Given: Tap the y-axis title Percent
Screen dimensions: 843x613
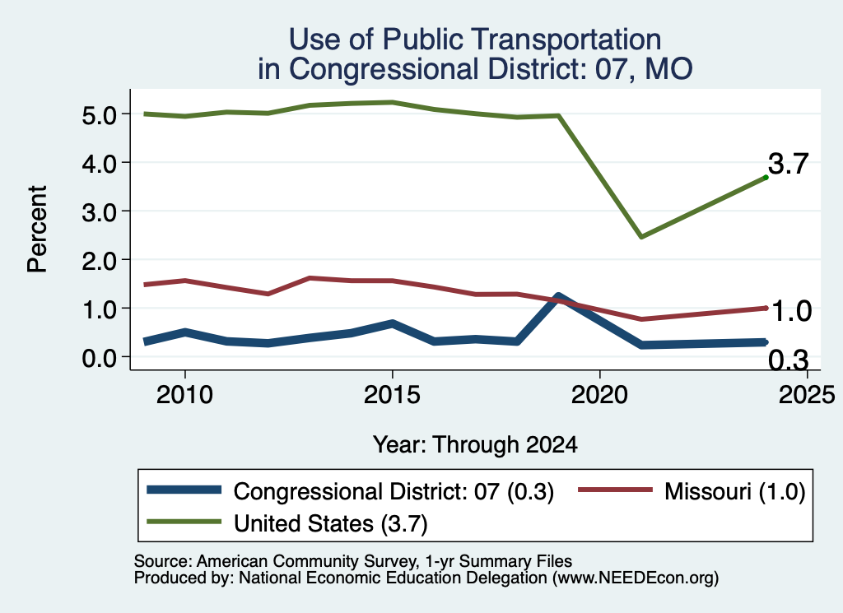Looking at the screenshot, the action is click(x=37, y=229).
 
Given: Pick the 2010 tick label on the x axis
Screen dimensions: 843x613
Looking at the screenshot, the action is click(x=184, y=395).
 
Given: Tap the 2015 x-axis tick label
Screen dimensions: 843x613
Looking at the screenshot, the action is click(x=392, y=395).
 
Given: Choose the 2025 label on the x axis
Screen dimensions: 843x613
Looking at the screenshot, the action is click(x=807, y=395).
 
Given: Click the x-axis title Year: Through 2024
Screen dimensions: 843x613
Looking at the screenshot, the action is click(x=475, y=445).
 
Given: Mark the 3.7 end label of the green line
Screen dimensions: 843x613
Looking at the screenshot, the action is click(x=788, y=163).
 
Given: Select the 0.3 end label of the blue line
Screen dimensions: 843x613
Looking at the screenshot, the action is click(x=788, y=360).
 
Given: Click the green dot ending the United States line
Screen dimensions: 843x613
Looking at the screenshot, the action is click(x=766, y=177).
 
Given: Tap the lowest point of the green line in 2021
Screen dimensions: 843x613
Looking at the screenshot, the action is click(x=641, y=236).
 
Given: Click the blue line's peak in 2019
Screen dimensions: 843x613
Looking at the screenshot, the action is click(x=558, y=296).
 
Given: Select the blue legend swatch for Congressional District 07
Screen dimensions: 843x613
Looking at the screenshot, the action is click(x=184, y=490).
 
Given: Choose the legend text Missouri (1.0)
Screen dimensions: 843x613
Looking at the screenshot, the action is click(x=735, y=491).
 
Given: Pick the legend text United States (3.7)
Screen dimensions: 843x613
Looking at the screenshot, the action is click(x=331, y=524).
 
